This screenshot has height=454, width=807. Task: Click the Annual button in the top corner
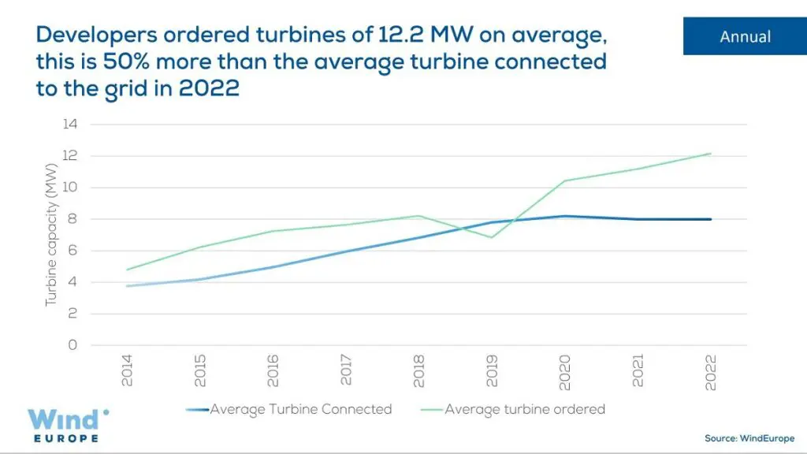pos(745,36)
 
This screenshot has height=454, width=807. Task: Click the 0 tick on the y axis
pos(72,345)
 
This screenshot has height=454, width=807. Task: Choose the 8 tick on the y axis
pos(72,219)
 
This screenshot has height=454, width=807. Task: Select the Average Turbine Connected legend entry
pos(300,409)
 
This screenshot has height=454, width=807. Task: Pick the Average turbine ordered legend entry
pos(524,409)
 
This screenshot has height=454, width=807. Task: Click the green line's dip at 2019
pos(493,237)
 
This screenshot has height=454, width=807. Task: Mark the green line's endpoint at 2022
pos(711,154)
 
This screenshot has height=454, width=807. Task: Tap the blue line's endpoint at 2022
pos(711,219)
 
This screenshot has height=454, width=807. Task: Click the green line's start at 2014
pos(128,270)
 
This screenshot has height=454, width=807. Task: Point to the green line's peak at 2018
pos(419,216)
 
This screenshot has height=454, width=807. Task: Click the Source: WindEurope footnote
pos(749,438)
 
